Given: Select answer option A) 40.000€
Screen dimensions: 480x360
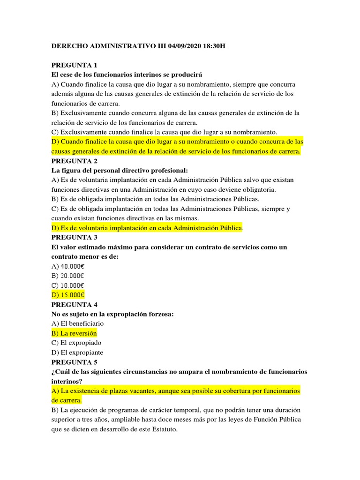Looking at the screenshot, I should point(67,266).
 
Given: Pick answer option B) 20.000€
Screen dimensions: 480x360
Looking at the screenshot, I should point(67,276).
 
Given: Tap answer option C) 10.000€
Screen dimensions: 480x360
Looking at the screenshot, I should point(67,285).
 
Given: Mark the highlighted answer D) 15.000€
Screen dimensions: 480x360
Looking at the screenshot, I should point(67,295).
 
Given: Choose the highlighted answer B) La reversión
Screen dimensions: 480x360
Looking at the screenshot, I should point(74,333).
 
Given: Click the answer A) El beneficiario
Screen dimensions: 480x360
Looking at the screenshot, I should point(77,323).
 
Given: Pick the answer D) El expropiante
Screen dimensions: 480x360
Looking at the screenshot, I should point(77,352).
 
